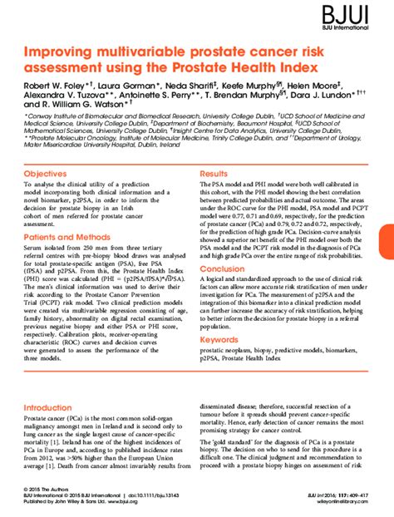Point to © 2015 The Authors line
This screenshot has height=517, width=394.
46,489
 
